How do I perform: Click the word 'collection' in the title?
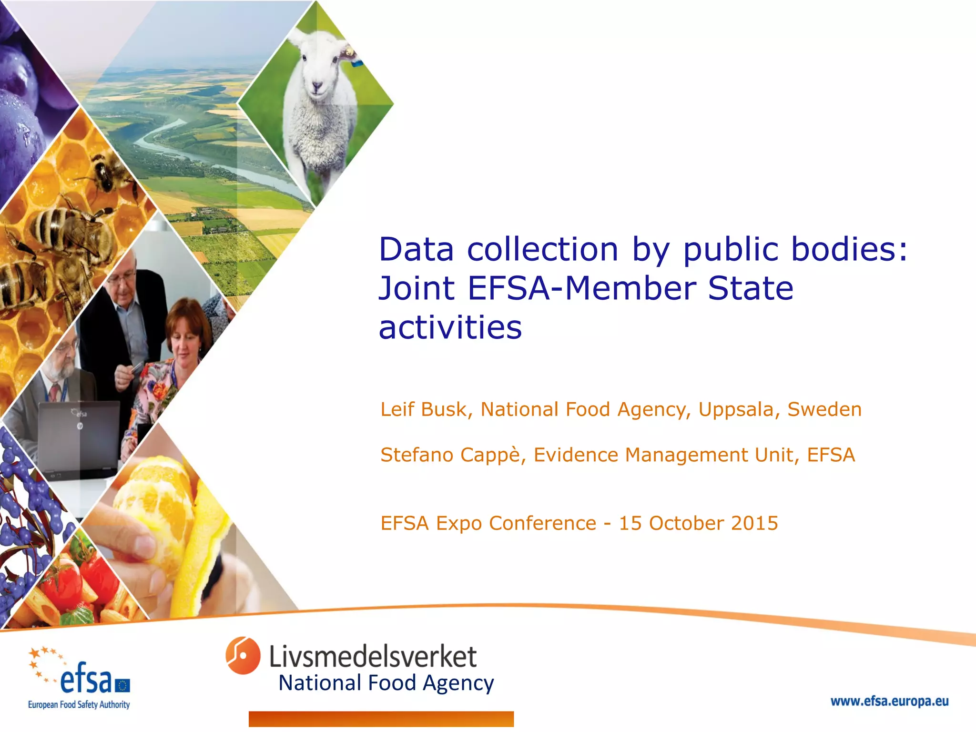[x=542, y=250]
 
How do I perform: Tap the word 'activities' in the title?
[x=450, y=328]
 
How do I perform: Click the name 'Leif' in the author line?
[x=396, y=409]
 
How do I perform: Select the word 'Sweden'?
[x=824, y=409]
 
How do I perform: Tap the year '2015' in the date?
[x=754, y=523]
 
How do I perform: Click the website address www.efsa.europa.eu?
[x=889, y=701]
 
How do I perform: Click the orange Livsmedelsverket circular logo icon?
[x=243, y=655]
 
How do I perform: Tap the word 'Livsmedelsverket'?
[x=373, y=657]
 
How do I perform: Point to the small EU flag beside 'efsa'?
[x=122, y=685]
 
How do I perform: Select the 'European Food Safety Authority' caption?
[x=79, y=705]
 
